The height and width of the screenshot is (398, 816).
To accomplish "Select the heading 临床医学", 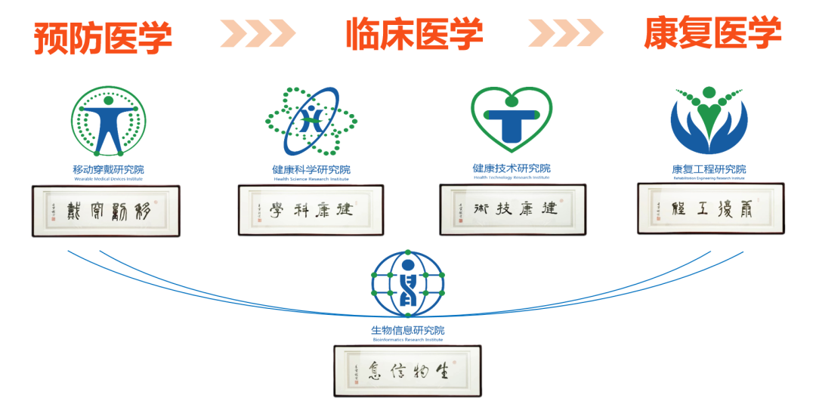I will [x=414, y=34].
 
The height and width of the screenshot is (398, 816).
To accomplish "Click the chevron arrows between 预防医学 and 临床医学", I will [x=258, y=32].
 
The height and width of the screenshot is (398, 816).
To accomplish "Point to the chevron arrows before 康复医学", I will [x=566, y=32].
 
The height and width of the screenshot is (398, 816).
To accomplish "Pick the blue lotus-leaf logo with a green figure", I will [x=709, y=119].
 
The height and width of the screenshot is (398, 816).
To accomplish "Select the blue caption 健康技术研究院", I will [x=512, y=168].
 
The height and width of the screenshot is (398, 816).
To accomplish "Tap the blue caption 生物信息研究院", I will [x=408, y=331].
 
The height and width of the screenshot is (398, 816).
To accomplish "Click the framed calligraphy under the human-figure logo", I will [x=105, y=211].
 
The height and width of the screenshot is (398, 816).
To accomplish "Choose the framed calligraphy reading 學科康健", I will [x=311, y=211].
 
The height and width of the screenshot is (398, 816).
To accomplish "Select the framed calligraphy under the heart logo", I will [x=513, y=209].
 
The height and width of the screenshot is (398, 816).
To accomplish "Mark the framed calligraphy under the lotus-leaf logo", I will [x=710, y=208].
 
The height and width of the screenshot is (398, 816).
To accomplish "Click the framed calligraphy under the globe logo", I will [x=407, y=370].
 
